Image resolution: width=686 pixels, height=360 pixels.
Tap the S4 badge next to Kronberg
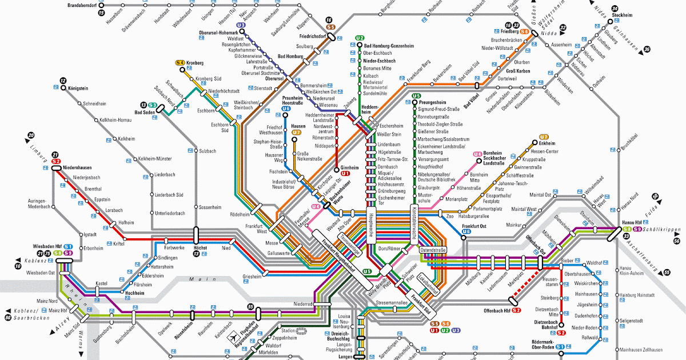coord(180,62)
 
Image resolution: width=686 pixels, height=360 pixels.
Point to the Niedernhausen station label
coord(78,168)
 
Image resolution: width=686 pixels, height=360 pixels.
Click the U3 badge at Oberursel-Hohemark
coord(241,25)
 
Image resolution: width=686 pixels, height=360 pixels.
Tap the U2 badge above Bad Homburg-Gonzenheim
coord(360,38)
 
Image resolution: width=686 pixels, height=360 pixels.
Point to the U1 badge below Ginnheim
coord(345,174)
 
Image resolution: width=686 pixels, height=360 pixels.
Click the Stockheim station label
coord(621,15)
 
